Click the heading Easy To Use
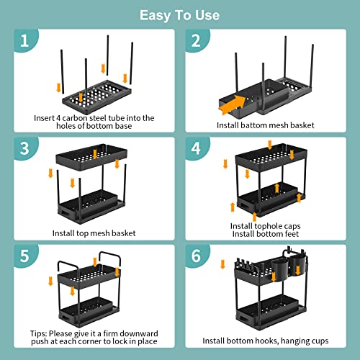click(x=180, y=14)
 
